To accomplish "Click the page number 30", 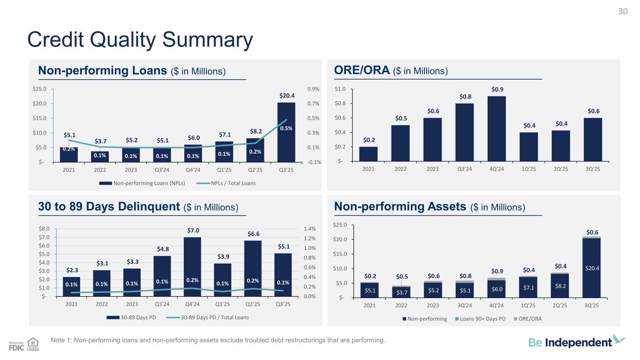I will pyautogui.click(x=623, y=12).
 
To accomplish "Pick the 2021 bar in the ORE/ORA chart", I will pyautogui.click(x=368, y=154).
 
